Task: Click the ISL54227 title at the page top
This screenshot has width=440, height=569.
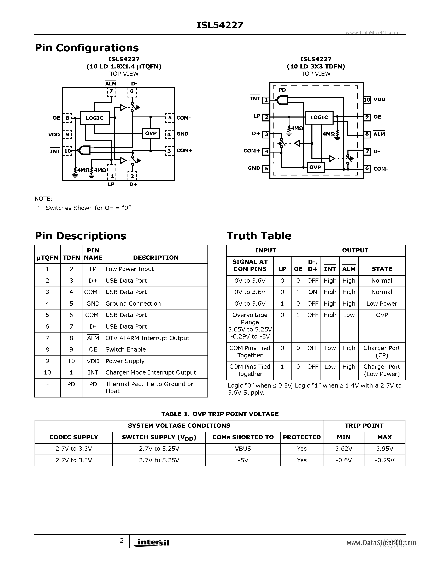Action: coord(220,25)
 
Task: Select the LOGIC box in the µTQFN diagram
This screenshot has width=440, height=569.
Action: coord(94,118)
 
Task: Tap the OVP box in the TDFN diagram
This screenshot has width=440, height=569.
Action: coord(315,167)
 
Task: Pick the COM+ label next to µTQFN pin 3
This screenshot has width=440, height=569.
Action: coord(184,151)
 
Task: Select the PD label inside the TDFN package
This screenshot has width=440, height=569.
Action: coord(282,90)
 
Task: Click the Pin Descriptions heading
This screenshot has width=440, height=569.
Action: coord(80,236)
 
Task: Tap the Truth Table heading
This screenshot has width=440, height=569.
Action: coord(259,236)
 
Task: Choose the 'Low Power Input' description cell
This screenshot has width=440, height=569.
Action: coord(130,269)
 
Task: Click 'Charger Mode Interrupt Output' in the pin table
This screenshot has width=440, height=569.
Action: coord(150,373)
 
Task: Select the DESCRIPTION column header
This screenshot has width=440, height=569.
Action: coord(156,258)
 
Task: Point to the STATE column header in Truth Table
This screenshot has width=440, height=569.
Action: coord(382,269)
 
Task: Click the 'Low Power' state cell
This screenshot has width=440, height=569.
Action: coord(382,304)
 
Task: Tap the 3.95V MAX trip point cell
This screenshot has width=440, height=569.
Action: coord(385,449)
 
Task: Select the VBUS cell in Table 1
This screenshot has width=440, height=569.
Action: coord(243,449)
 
